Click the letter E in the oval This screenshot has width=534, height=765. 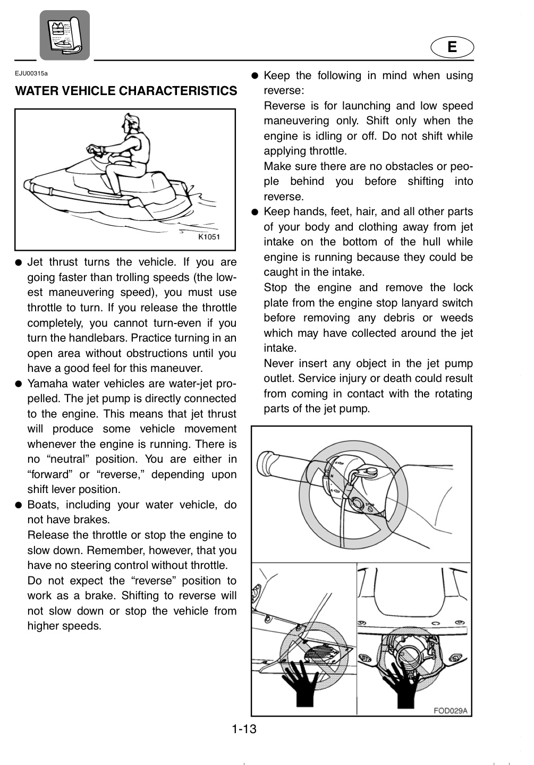(452, 47)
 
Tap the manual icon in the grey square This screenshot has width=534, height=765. (65, 35)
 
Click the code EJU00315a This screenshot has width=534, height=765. (31, 73)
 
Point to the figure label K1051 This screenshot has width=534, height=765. (209, 237)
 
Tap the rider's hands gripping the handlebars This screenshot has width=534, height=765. (96, 149)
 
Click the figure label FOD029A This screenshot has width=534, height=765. (450, 711)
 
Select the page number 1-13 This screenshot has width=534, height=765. (244, 729)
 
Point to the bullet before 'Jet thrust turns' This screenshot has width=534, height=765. (19, 262)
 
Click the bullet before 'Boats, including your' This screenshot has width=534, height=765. (19, 505)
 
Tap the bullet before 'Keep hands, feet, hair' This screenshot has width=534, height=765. (255, 212)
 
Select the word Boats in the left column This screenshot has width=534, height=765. (44, 505)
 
